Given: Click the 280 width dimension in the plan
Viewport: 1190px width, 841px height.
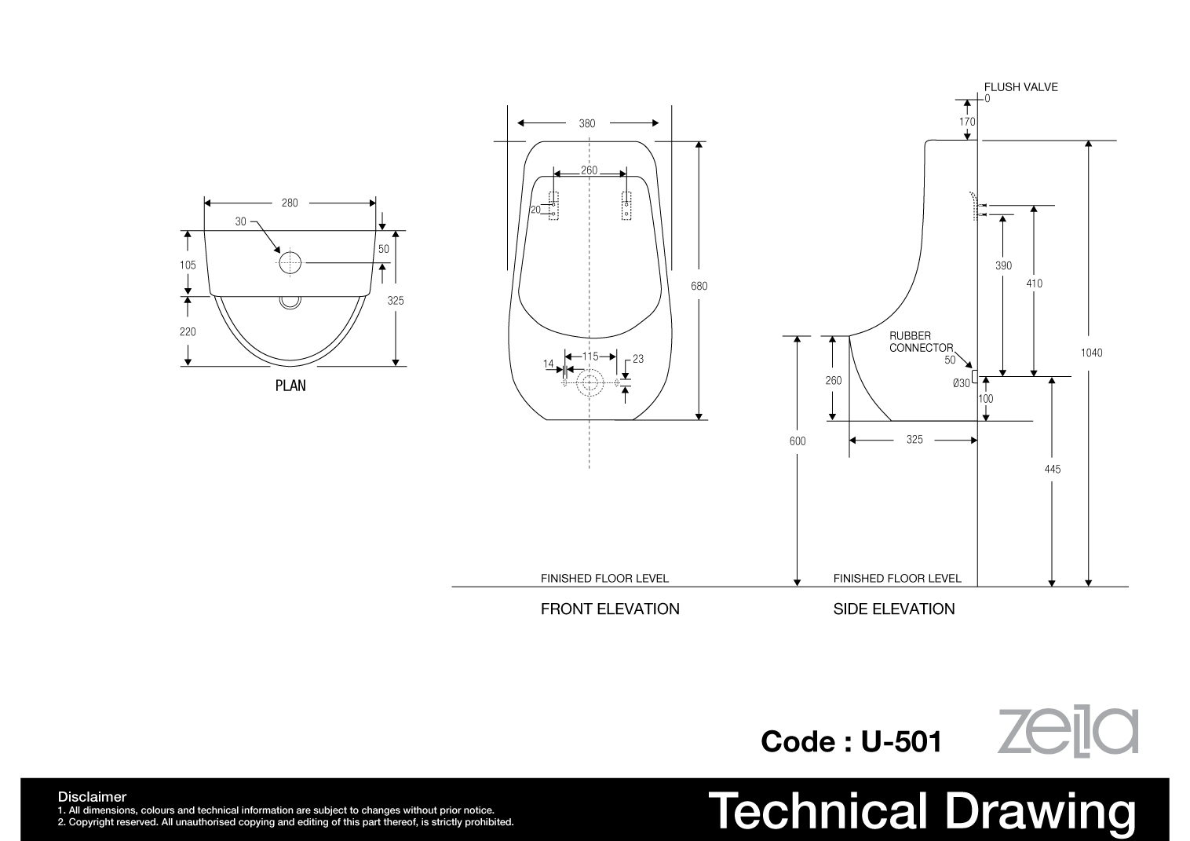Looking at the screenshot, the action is (x=290, y=203).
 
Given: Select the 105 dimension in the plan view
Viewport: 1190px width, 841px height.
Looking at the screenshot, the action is (x=188, y=265).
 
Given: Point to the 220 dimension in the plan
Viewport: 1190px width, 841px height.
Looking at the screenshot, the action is (x=188, y=331).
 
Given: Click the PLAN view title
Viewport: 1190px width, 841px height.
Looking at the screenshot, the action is (x=290, y=386).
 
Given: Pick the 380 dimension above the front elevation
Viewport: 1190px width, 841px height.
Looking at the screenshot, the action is (x=587, y=123).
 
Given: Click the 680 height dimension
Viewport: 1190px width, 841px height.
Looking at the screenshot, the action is (x=699, y=286).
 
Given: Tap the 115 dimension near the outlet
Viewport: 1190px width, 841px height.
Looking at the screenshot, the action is (x=590, y=357).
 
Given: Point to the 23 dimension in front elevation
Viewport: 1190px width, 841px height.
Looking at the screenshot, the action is (x=638, y=359).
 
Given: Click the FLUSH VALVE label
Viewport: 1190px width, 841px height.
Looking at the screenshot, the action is (x=1021, y=87).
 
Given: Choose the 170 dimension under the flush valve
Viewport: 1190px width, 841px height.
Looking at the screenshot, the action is (x=967, y=122).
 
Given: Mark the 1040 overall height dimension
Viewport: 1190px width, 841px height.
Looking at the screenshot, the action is (x=1092, y=353).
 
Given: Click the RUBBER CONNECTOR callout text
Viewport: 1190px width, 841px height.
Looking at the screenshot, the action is (x=922, y=342).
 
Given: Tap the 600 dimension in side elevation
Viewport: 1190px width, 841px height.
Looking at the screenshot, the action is (x=798, y=441).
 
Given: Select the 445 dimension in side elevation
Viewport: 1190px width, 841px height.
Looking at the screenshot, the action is (x=1053, y=469).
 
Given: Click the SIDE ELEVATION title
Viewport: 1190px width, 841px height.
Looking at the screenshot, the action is (x=894, y=609).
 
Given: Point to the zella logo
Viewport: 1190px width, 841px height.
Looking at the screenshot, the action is (x=1068, y=731).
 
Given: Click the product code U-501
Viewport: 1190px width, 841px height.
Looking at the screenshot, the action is (x=902, y=741).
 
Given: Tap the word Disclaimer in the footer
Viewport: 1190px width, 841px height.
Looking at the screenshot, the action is (x=92, y=797).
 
